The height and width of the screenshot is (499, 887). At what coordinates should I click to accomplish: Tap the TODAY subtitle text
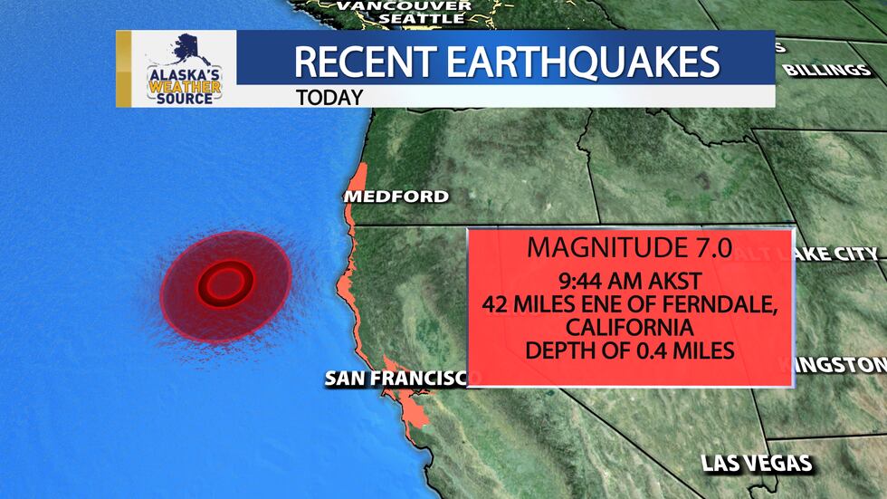[x=329, y=97]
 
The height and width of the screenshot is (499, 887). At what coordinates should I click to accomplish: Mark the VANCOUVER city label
[x=404, y=5]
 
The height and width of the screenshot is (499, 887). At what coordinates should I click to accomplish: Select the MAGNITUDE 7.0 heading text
[x=631, y=246]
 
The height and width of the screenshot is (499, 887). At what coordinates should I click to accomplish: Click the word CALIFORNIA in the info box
[x=630, y=326]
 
